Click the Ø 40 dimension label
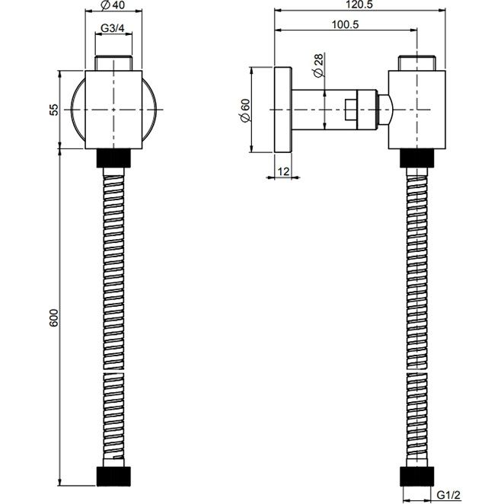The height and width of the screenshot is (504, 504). point(113,5)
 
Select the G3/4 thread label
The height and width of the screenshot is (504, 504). point(112,28)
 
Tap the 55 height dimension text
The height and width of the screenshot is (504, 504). point(55,110)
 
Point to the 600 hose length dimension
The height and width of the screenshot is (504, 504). point(54,317)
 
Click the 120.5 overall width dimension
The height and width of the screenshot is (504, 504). point(359,5)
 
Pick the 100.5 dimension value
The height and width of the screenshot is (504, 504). point(345,24)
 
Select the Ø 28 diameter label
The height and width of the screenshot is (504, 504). point(318,65)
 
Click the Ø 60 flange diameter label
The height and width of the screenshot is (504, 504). point(245,110)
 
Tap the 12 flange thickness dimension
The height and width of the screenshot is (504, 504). point(283,171)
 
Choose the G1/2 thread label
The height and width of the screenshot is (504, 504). point(448,496)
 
